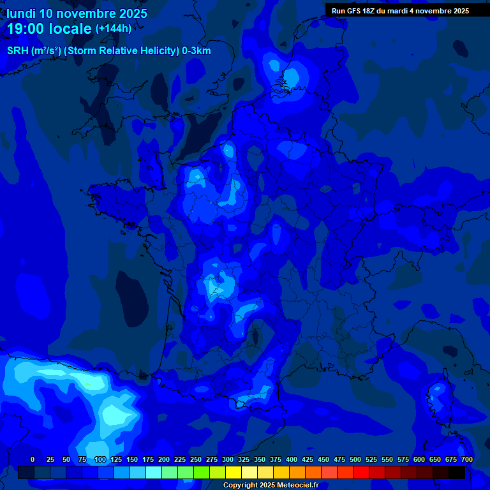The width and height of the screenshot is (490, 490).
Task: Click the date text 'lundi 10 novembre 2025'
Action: click(77, 13)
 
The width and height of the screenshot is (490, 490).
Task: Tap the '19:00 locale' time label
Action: click(50, 28)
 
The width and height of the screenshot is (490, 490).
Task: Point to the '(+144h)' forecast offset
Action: click(114, 28)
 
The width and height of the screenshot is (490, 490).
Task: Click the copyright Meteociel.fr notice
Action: click(271, 486)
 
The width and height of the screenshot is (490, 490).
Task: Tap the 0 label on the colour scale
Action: click(33, 459)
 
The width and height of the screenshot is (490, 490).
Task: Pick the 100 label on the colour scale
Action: click(100, 459)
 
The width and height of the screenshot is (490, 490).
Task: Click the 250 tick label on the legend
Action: click(196, 459)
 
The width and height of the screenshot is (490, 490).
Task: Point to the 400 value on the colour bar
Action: click(292, 459)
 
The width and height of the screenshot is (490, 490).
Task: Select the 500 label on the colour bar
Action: click(355, 459)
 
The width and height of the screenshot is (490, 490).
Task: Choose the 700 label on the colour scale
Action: click(467, 459)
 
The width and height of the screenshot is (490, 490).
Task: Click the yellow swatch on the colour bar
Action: click(234, 472)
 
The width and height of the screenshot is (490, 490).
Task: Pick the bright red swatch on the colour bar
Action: click(361, 472)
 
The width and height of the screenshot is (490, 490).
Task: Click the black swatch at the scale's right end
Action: click(457, 472)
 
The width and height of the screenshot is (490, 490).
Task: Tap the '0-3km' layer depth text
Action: click(194, 51)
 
